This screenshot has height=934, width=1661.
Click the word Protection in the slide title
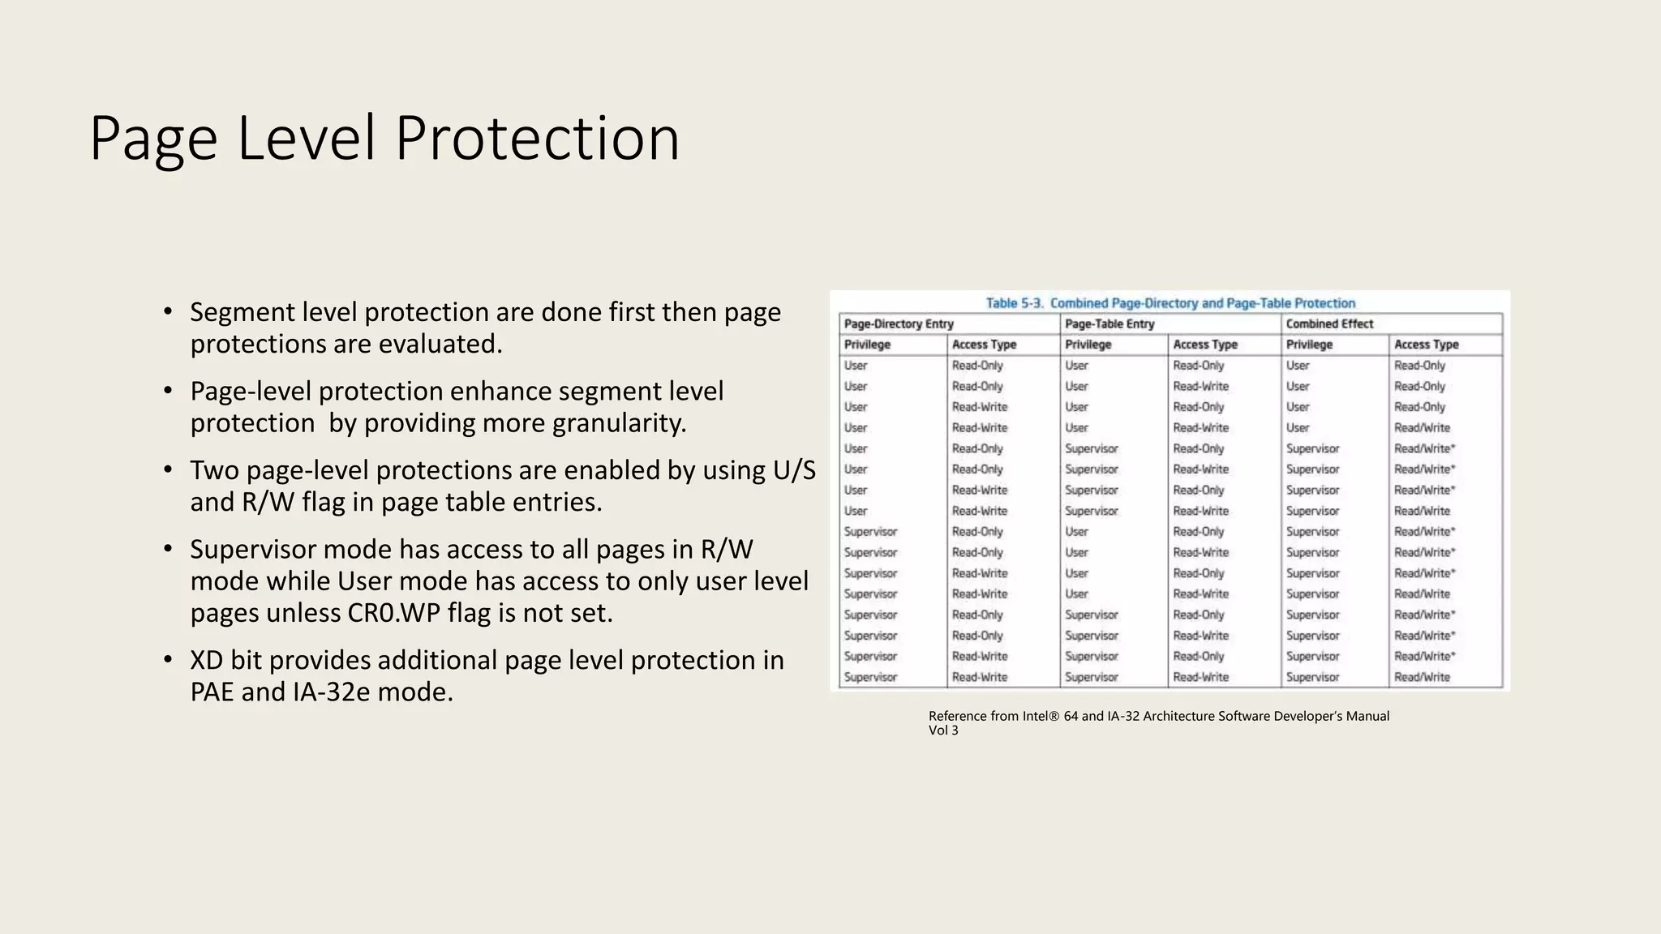(537, 138)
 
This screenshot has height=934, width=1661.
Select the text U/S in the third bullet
(794, 470)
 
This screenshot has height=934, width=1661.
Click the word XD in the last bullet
(206, 660)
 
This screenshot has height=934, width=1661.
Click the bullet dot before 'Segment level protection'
(168, 311)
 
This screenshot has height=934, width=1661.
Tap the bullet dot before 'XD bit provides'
(168, 660)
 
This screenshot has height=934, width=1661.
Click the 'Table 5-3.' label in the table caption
(1014, 303)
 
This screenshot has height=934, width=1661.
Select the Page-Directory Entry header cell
(899, 324)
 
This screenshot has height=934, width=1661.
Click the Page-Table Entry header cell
(1109, 324)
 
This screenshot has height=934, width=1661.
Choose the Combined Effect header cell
(1329, 324)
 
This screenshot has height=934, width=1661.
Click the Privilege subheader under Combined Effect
(1309, 345)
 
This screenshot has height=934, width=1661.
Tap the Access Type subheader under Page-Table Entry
(1205, 345)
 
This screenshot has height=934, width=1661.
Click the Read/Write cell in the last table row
(1422, 677)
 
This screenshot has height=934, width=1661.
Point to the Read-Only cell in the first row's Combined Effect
(1419, 366)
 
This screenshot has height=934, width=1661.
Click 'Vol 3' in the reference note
(943, 730)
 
